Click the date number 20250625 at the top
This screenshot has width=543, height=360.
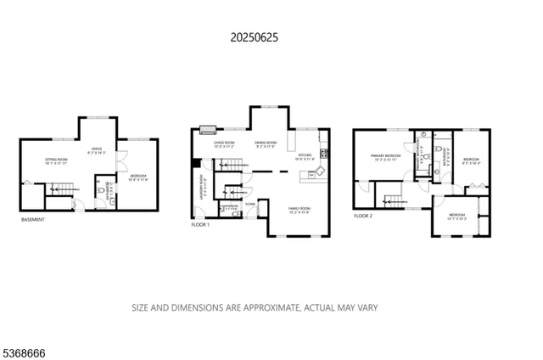254,37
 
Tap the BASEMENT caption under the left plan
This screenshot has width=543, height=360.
33,220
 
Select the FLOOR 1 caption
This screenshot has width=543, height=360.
202,226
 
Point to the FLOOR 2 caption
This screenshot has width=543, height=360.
366,217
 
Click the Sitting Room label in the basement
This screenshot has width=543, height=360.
58,160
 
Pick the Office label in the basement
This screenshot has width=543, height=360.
97,150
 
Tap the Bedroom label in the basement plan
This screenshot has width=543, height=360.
137,177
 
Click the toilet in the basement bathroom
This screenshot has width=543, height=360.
101,193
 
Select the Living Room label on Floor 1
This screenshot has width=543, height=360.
224,144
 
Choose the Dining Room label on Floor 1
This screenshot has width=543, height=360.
266,144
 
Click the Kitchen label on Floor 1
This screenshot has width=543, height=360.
305,156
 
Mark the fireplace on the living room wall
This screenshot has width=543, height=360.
207,130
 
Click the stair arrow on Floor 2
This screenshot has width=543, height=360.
391,201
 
